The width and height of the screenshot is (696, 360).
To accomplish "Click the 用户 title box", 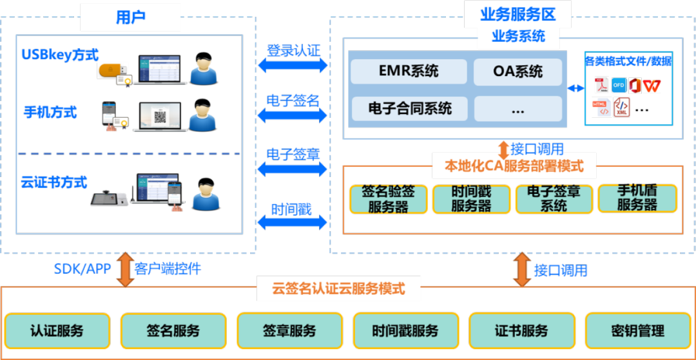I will (130, 17).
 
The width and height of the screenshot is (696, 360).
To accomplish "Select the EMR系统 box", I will (408, 71).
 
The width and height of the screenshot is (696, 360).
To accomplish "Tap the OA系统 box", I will (517, 71).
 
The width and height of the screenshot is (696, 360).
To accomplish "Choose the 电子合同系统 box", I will (408, 108).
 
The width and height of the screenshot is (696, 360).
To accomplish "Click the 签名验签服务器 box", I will (388, 199).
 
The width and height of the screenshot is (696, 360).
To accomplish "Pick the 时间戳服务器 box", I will (471, 199).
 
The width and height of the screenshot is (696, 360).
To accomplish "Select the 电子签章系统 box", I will (554, 199).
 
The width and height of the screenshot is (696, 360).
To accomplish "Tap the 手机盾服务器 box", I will (637, 199).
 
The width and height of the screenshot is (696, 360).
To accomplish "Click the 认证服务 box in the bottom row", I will (57, 331).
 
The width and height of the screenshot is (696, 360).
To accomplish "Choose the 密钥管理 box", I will (637, 331).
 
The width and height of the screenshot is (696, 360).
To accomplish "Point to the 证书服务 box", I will (521, 331).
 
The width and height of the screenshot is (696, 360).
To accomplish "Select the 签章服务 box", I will (289, 331).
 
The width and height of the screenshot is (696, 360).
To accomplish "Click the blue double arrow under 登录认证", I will (293, 65).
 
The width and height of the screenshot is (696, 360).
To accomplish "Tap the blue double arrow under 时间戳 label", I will (293, 223).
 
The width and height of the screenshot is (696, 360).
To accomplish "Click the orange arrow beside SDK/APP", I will (122, 269).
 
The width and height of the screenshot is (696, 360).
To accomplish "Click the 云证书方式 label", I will (54, 182).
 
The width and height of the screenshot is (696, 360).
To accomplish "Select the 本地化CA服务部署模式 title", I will (514, 166).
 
